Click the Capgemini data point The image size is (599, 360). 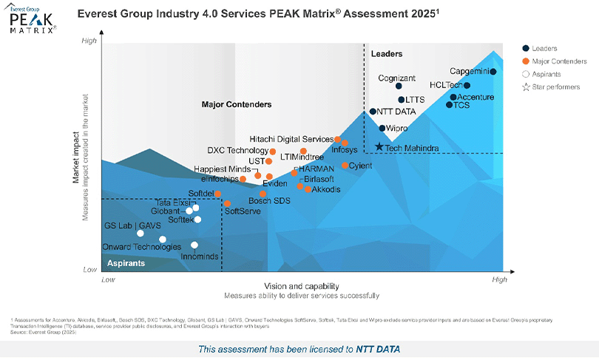[x=493, y=72]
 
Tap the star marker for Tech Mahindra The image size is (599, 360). [x=379, y=147]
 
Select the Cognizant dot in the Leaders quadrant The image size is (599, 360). [x=399, y=86]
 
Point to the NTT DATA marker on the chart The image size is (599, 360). [x=373, y=112]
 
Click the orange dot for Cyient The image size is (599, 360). [x=345, y=165]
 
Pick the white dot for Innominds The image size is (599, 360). [x=194, y=245]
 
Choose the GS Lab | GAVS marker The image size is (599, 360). [x=141, y=234]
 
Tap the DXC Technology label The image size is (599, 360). [x=238, y=151]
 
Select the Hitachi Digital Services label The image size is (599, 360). [x=291, y=139]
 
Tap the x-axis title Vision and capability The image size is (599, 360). [x=301, y=286]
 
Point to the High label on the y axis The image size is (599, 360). [x=89, y=41]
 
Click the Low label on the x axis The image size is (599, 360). [x=108, y=279]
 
